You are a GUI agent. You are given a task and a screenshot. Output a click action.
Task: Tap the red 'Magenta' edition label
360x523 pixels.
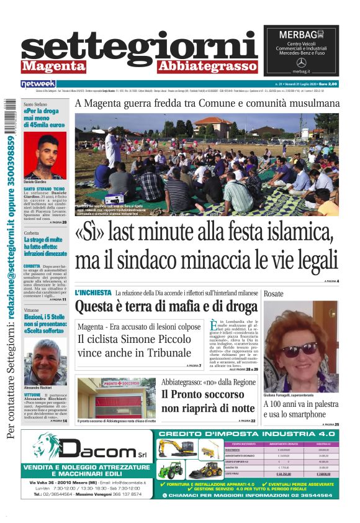pyautogui.click(x=50, y=66)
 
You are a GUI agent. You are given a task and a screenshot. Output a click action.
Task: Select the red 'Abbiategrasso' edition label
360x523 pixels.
pyautogui.click(x=207, y=66)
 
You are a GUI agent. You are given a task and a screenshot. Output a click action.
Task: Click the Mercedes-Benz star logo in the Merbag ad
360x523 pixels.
pyautogui.click(x=301, y=63)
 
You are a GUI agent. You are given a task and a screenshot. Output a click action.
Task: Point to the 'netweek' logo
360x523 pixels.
pyautogui.click(x=38, y=83)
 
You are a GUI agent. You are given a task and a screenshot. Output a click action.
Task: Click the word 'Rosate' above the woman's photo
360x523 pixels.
pyautogui.click(x=274, y=293)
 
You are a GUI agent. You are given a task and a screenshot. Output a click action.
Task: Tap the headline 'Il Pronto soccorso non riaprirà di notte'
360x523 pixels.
pyautogui.click(x=208, y=401)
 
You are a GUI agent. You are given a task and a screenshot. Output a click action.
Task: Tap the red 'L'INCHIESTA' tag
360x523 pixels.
pyautogui.click(x=93, y=292)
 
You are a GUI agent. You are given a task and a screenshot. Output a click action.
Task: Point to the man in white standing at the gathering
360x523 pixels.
pyautogui.click(x=112, y=148)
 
